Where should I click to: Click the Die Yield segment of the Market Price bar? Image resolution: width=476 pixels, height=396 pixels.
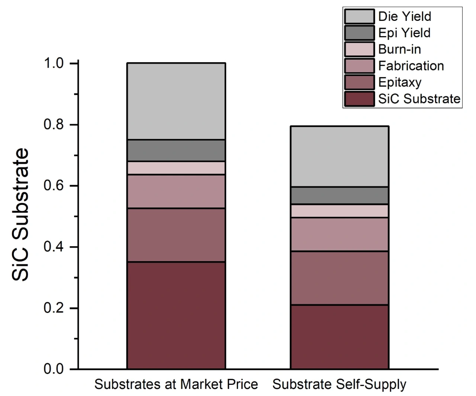(176, 101)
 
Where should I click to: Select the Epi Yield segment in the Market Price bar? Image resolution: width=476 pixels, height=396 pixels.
(176, 151)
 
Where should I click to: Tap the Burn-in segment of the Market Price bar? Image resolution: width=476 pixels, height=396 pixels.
(176, 168)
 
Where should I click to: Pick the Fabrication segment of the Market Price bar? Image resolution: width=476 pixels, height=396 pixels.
(176, 191)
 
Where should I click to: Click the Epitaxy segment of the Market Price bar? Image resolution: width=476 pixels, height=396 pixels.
(176, 235)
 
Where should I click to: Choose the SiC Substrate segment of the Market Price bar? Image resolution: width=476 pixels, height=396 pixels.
(176, 315)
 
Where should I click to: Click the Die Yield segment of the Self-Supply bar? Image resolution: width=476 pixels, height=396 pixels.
(339, 156)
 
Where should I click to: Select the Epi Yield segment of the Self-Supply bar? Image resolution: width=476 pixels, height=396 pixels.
(339, 196)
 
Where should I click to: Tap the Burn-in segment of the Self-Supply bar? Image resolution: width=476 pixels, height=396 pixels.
(339, 211)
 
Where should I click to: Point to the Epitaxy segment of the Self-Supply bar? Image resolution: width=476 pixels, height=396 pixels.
(339, 278)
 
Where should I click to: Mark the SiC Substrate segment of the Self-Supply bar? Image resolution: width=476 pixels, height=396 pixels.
(339, 337)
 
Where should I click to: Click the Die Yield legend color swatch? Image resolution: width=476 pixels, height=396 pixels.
(359, 17)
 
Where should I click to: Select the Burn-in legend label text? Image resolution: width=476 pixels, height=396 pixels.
(399, 49)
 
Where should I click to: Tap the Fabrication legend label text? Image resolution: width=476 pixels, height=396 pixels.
(411, 66)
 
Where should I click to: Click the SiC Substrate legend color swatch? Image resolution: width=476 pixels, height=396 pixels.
(359, 99)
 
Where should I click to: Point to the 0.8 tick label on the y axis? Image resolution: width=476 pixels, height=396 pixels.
(55, 125)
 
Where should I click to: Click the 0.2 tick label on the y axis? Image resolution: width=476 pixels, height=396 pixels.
(55, 308)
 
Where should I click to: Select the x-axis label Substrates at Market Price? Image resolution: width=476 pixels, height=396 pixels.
(176, 384)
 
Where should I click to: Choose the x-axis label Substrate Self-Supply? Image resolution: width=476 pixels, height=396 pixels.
(339, 384)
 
